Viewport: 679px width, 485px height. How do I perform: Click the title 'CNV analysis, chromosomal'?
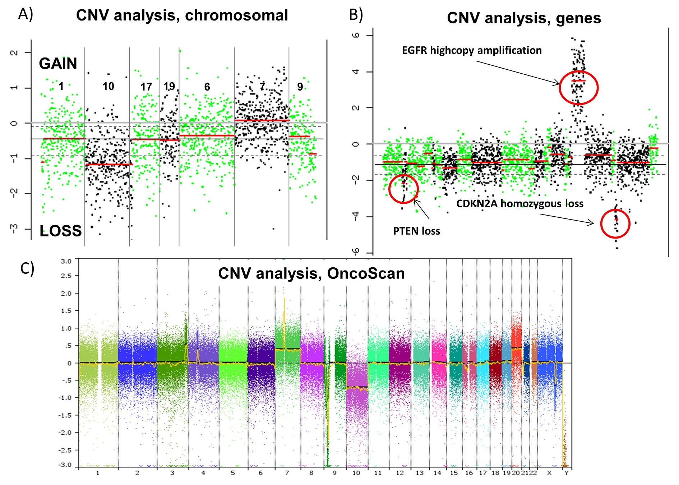[x=182, y=16]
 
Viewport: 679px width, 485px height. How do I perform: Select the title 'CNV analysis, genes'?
[x=524, y=18]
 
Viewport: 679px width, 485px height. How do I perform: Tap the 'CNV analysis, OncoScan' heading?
[x=311, y=273]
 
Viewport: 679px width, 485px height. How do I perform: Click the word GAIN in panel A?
[x=58, y=64]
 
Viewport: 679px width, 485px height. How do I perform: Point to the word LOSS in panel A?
[x=61, y=231]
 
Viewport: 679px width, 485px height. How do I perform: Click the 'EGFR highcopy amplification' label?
[x=472, y=50]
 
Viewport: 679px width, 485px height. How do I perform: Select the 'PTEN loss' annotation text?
[x=416, y=231]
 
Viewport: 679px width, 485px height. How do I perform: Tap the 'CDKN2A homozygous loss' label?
[x=520, y=204]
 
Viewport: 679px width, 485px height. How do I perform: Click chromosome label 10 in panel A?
[x=108, y=86]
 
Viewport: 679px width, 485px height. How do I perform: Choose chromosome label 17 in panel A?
[x=146, y=87]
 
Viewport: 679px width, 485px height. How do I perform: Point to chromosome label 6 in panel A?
[x=207, y=87]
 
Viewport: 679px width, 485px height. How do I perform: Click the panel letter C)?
[x=27, y=268]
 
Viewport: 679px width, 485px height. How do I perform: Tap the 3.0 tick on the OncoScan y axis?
[x=66, y=261]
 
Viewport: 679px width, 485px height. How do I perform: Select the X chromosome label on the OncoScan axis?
[x=549, y=473]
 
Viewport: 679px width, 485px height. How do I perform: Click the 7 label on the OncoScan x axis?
[x=287, y=473]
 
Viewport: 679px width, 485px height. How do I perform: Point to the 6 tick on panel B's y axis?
[x=356, y=35]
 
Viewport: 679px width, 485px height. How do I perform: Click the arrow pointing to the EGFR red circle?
[x=518, y=73]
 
